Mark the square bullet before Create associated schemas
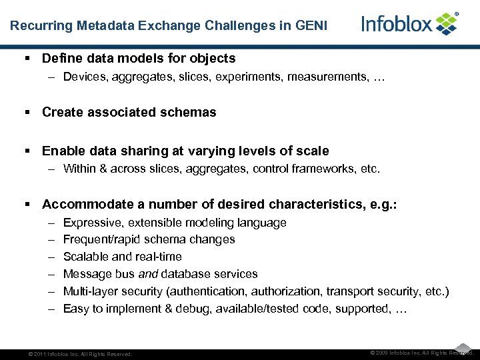[x=29, y=112]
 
